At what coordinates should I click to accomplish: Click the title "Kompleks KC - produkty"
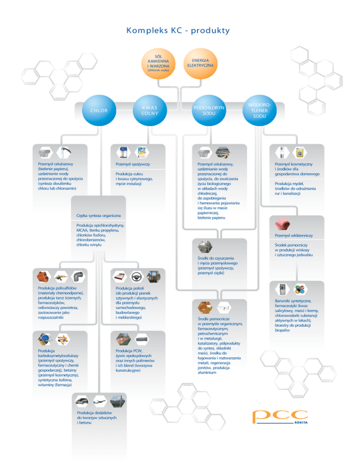[x=178, y=30]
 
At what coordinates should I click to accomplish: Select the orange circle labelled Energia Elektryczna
[x=200, y=63]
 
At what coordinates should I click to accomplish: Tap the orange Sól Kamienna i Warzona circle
[x=158, y=63]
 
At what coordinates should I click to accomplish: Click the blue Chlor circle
[x=99, y=110]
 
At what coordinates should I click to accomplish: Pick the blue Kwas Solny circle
[x=150, y=110]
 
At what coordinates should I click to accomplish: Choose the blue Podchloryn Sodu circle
[x=209, y=110]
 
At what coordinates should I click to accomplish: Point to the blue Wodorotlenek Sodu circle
[x=260, y=110]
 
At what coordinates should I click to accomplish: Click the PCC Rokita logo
[x=280, y=417]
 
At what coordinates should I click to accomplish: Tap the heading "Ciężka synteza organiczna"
[x=98, y=216]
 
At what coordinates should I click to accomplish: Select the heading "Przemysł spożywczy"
[x=133, y=164]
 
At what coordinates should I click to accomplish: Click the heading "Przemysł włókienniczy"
[x=294, y=235]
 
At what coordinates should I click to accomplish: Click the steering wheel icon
[x=136, y=277]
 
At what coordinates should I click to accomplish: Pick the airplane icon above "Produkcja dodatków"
[x=99, y=401]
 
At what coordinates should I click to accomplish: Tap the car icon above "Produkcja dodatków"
[x=82, y=401]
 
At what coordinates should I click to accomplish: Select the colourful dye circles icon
[x=300, y=289]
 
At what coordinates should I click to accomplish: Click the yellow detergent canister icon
[x=300, y=152]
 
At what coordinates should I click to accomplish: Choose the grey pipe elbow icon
[x=79, y=277]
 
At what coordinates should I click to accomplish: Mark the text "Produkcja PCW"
[x=129, y=351]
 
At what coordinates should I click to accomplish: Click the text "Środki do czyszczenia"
[x=216, y=258]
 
